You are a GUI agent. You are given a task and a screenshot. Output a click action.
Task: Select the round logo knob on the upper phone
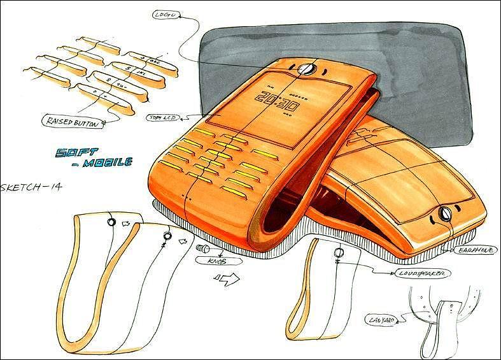[305, 67]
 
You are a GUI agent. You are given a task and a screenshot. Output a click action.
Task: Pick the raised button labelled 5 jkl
[131, 72]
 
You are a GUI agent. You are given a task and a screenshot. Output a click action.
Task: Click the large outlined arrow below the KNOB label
[226, 278]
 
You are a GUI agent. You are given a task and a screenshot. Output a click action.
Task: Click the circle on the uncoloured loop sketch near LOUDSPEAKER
[338, 252]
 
